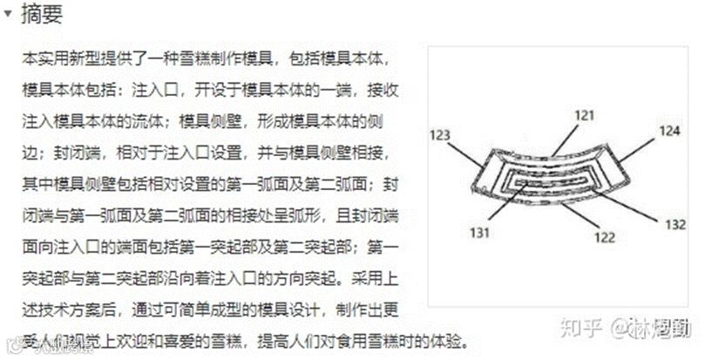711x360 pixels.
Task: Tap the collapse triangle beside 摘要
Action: tap(8, 16)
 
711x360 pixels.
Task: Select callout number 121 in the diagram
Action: tap(584, 115)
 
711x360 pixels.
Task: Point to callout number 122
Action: tap(605, 236)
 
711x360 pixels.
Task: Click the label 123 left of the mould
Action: tap(441, 135)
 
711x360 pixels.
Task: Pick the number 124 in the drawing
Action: tap(668, 132)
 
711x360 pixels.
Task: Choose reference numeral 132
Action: tap(675, 224)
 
